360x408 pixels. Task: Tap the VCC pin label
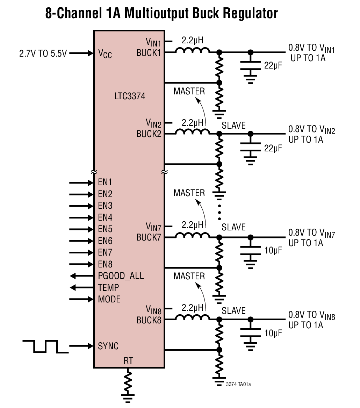[x=105, y=53]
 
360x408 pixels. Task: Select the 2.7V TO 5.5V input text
[x=43, y=54]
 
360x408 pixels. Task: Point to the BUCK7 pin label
[x=149, y=237]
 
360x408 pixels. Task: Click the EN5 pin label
[x=105, y=229]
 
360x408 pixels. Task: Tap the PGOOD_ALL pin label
[x=121, y=276]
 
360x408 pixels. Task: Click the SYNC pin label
[x=108, y=346]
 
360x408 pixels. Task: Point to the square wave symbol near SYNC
[x=45, y=346]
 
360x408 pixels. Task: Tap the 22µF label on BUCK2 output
[x=273, y=148]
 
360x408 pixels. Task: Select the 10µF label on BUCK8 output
[x=273, y=333]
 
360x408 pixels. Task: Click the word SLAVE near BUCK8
[x=233, y=310]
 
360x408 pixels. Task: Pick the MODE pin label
[x=109, y=299]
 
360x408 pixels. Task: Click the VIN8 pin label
[x=153, y=309]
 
